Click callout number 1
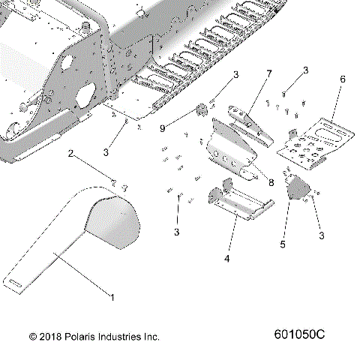click(113, 297)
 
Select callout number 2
click(71, 154)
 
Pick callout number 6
click(343, 79)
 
